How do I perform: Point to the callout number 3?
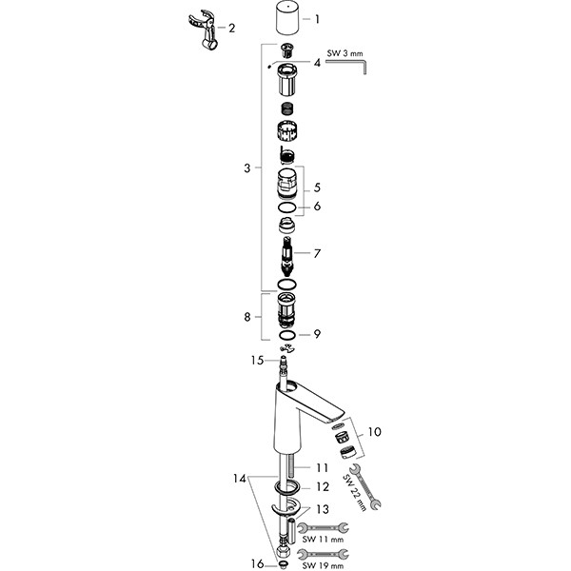(x=246, y=168)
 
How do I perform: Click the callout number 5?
(x=318, y=189)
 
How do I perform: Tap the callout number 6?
(x=318, y=206)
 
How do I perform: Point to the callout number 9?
(x=318, y=334)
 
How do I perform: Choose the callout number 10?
(x=377, y=431)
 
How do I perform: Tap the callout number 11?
(x=322, y=467)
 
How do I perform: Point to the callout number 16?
(x=255, y=563)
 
